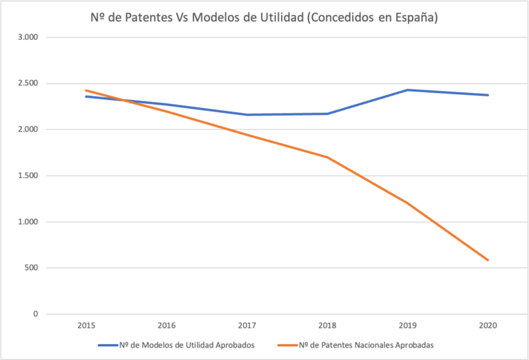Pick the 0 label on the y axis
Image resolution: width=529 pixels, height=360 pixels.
point(35,314)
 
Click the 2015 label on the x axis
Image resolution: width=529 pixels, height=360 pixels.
point(87,324)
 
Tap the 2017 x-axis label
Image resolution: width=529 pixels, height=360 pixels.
point(247,324)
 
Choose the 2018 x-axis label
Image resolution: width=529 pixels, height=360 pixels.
point(327,324)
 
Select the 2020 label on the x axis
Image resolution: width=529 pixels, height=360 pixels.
point(488,324)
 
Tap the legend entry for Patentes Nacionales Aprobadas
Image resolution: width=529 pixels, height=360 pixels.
point(365,345)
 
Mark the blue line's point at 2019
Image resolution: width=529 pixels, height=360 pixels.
point(408,90)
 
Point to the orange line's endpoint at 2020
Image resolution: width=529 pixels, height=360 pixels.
point(488,260)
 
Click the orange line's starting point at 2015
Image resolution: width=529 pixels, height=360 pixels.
point(87,90)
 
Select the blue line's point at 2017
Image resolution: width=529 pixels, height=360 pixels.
point(247,115)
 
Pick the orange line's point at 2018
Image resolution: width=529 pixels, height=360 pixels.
point(327,157)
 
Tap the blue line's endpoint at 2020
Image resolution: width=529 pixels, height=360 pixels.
point(488,95)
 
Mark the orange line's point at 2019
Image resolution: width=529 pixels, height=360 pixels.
point(408,203)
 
